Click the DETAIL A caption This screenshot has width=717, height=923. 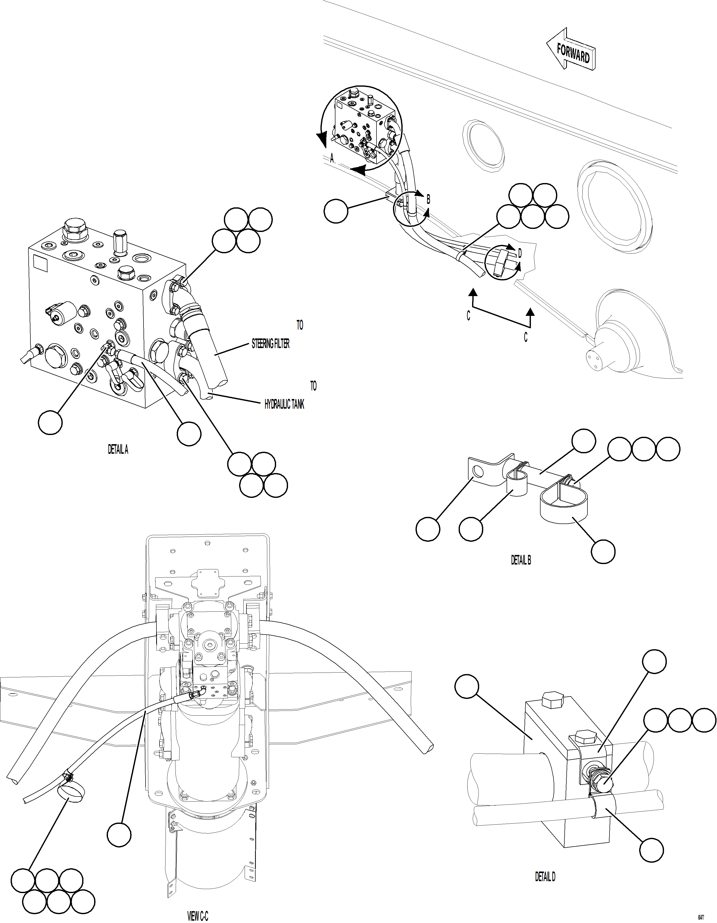click(118, 450)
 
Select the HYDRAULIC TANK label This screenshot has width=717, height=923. click(284, 404)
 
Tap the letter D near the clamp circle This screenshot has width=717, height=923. click(519, 254)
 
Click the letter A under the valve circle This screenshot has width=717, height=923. click(332, 158)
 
